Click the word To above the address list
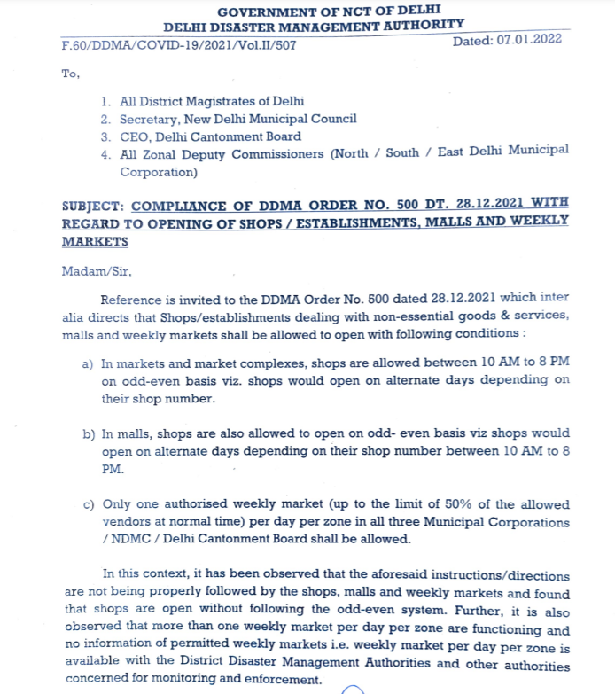tap(70, 74)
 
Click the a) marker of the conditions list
tap(88, 363)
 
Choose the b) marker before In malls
tap(88, 434)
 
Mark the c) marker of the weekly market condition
tap(88, 504)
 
